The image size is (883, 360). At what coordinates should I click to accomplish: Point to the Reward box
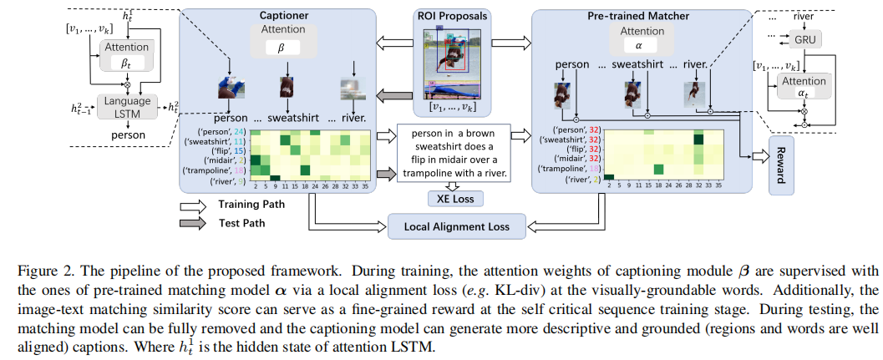coord(781,163)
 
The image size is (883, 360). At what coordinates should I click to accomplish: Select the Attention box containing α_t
coord(807,88)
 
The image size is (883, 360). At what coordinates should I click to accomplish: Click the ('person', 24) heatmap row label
coord(221,131)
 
